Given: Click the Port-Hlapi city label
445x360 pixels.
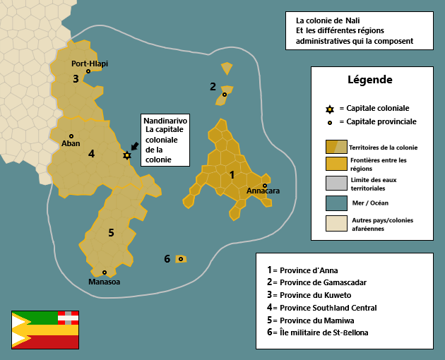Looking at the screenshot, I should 90,63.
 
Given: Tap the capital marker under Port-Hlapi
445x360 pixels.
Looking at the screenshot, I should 88,71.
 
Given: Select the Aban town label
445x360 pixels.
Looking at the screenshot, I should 71,143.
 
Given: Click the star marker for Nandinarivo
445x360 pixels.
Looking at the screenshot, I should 127,155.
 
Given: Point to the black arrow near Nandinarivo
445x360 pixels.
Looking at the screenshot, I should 134,146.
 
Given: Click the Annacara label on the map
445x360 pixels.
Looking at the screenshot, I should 263,191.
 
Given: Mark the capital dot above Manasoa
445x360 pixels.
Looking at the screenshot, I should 105,272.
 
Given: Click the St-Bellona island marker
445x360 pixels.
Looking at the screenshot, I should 181,259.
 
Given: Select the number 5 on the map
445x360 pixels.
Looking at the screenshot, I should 111,232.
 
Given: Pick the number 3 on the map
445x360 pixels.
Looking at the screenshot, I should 76,78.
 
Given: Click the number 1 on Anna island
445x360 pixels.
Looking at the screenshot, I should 232,174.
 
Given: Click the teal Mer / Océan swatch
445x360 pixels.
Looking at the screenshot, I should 336,204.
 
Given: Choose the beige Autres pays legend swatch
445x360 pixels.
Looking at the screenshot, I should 336,224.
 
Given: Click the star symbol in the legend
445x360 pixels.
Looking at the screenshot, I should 330,109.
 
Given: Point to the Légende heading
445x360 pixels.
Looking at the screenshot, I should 370,80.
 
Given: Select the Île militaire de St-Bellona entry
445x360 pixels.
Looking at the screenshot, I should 324,332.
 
